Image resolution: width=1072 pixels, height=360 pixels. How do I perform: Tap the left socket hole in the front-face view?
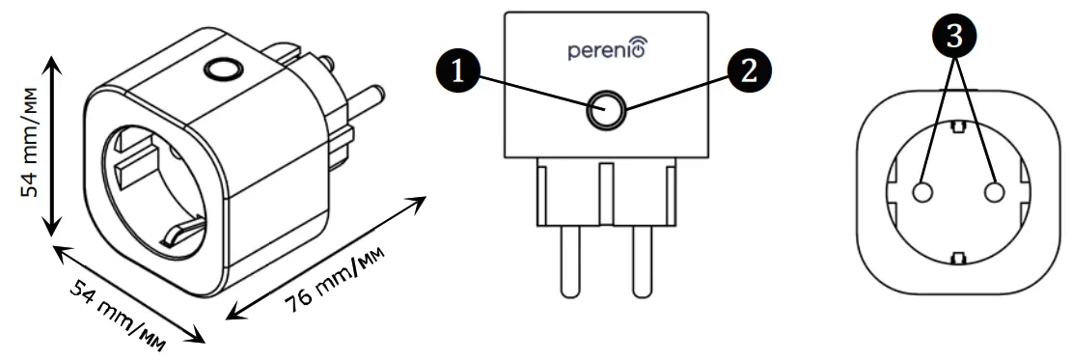click(921, 193)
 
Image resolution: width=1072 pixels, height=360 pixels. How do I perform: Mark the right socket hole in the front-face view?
click(994, 193)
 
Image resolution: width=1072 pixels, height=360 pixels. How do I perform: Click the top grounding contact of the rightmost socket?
click(957, 126)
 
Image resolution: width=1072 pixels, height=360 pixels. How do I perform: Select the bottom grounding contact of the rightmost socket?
click(957, 257)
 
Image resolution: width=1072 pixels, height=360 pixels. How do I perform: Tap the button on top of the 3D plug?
click(223, 69)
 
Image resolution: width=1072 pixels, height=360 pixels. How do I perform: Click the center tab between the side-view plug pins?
click(606, 194)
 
